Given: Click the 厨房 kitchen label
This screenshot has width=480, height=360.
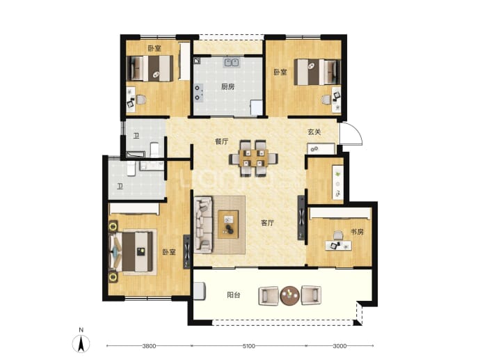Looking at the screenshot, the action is point(227,87).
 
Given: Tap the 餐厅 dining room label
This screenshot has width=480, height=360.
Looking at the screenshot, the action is point(222,141).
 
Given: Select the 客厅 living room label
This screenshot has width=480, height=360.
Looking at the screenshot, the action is point(268,223).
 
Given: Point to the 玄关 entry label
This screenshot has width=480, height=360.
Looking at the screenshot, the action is point(314,132).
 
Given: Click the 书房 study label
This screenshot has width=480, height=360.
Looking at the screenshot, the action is point(357,232).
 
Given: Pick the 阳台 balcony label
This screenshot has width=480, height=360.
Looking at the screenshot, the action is point(234,295).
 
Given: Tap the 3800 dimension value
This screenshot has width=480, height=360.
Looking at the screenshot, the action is point(149,346).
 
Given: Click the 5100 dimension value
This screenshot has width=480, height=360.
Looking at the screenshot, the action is point(248,346).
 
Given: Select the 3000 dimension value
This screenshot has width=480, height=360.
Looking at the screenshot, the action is point(339,346).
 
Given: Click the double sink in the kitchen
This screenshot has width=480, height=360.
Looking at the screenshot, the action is point(232,63).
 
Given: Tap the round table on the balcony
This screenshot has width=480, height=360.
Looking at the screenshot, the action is point(289,296).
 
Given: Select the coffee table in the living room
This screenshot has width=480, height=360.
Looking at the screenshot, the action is point(228,224).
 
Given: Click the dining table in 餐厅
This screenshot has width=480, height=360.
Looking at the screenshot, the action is point(254,158).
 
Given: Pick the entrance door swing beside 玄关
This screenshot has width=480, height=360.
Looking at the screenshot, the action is point(351,134).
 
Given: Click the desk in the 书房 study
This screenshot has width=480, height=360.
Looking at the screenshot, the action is point(338,245).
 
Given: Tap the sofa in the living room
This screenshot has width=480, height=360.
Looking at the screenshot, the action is point(203,225).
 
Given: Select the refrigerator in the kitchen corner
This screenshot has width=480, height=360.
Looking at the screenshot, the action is point(257,108).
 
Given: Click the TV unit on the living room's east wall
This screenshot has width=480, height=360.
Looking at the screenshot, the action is point(301,217).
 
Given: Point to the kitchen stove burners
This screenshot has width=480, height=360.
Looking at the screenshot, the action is point(198,93).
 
